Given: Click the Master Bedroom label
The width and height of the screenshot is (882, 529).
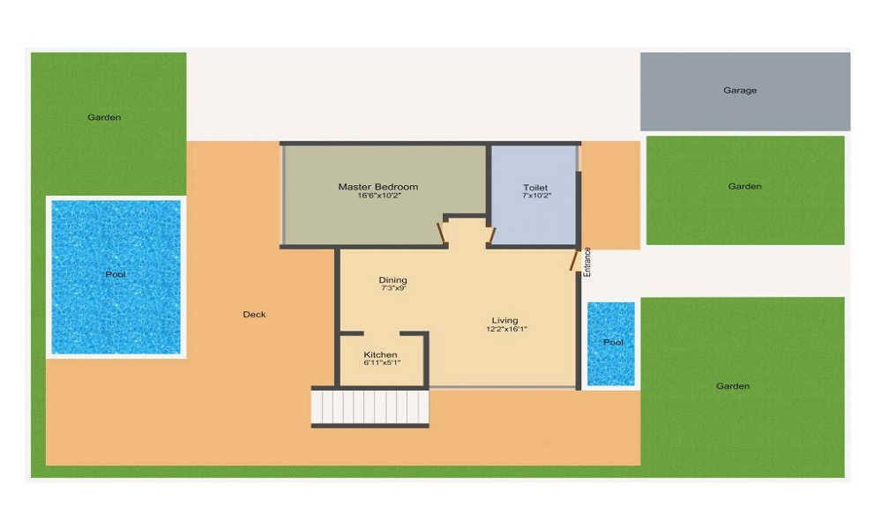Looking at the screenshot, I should click(377, 187).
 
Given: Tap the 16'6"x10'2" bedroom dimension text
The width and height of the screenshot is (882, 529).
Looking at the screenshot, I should click(377, 197).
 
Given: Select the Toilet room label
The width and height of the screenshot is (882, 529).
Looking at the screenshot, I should click(535, 188).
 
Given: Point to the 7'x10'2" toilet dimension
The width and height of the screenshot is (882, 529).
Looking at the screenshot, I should click(535, 197).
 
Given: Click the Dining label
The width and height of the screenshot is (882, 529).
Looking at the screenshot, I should click(392, 280).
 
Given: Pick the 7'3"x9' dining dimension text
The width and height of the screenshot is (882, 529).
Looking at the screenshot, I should click(392, 288).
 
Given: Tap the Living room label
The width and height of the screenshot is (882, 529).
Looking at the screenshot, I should click(505, 320).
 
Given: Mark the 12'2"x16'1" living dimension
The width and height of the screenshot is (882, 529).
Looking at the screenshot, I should click(505, 329).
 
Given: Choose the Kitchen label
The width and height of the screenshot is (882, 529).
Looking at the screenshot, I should click(380, 354).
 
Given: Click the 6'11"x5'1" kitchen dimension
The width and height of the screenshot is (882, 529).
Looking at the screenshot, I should click(381, 362).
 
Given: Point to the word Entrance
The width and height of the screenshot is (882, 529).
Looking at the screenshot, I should click(587, 263).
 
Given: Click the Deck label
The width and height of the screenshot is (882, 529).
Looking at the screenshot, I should click(254, 315).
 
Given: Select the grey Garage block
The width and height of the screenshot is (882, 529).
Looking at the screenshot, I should click(744, 91).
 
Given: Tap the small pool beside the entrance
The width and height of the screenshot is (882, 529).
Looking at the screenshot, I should click(611, 343).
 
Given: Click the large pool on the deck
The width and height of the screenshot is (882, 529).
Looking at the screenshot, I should click(116, 276).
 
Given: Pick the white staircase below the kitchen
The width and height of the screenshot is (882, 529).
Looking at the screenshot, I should click(370, 407).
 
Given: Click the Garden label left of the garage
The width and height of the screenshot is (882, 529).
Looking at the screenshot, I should click(104, 117).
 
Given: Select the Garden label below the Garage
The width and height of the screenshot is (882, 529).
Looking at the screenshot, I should click(744, 186).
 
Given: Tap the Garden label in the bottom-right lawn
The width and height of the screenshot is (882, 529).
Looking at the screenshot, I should click(733, 386).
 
